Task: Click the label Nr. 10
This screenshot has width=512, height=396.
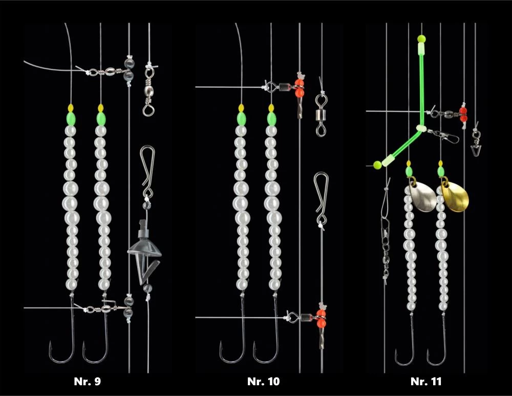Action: [264, 382]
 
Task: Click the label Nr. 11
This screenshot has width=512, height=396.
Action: [426, 382]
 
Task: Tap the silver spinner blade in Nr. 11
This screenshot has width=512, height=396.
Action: [423, 195]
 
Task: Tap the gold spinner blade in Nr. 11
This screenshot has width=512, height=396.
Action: [453, 197]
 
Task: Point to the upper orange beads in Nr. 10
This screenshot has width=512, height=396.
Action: [300, 87]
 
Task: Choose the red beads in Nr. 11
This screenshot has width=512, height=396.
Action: [463, 114]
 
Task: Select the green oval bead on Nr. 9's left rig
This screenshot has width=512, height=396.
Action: [71, 118]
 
